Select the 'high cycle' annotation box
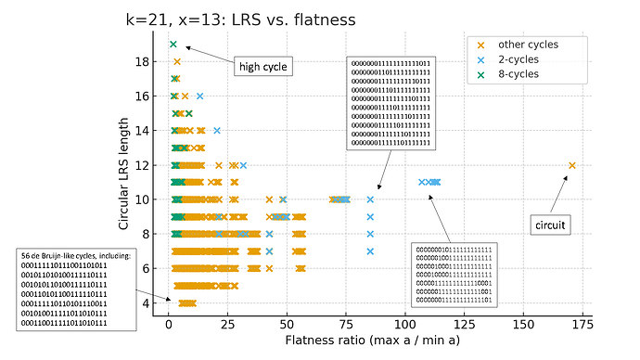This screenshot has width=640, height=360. [x=262, y=67]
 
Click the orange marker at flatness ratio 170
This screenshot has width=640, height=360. [x=571, y=166]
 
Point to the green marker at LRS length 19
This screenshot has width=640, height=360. [x=173, y=45]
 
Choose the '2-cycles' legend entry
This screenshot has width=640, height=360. [x=526, y=59]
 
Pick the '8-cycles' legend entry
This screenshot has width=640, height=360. [x=526, y=74]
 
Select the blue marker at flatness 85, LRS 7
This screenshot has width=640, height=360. [x=370, y=251]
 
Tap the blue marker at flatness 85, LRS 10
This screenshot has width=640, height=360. [x=370, y=199]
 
